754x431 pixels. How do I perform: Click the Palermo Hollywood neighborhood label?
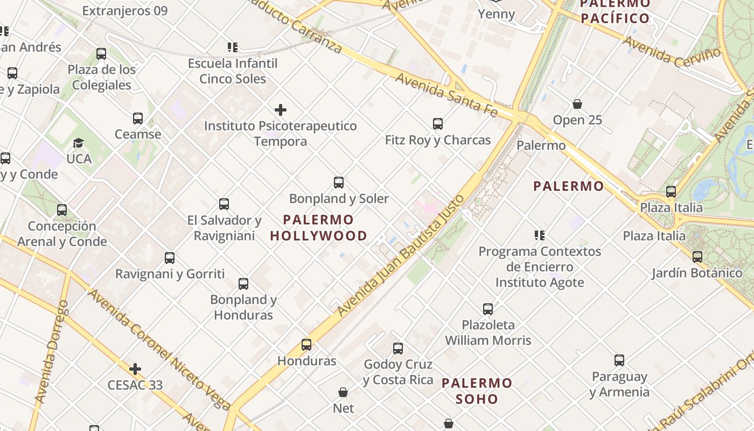click(x=318, y=227)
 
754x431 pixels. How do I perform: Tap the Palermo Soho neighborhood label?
click(x=477, y=391)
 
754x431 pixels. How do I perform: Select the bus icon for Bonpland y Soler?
click(x=339, y=183)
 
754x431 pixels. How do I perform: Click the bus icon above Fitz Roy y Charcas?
click(x=438, y=124)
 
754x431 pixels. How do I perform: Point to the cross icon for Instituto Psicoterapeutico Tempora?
click(x=281, y=110)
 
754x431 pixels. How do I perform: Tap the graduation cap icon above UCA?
click(x=79, y=143)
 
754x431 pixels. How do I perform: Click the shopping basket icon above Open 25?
click(x=577, y=104)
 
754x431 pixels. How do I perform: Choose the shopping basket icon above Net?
click(x=343, y=392)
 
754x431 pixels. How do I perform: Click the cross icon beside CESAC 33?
click(x=135, y=369)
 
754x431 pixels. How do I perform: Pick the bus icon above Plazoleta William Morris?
click(x=488, y=309)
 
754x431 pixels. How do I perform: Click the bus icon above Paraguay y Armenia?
click(x=619, y=360)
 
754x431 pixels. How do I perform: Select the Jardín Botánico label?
click(x=697, y=273)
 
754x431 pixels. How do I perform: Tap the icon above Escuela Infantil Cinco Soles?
click(x=233, y=47)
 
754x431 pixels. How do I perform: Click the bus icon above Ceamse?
click(x=138, y=119)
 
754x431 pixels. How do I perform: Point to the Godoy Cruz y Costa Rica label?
click(x=398, y=372)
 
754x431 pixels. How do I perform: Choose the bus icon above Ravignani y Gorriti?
click(x=170, y=258)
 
